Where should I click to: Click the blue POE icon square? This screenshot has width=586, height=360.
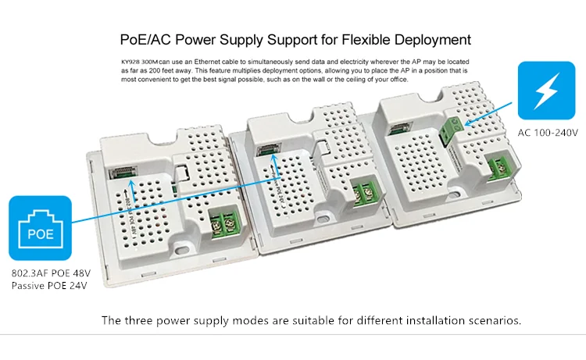pyautogui.click(x=40, y=227)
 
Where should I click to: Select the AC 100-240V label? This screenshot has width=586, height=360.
pyautogui.click(x=547, y=134)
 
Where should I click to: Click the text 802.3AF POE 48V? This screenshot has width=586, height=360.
pyautogui.click(x=49, y=274)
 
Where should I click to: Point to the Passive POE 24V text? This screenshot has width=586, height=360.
pyautogui.click(x=48, y=287)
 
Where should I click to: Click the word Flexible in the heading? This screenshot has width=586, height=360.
pyautogui.click(x=351, y=39)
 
